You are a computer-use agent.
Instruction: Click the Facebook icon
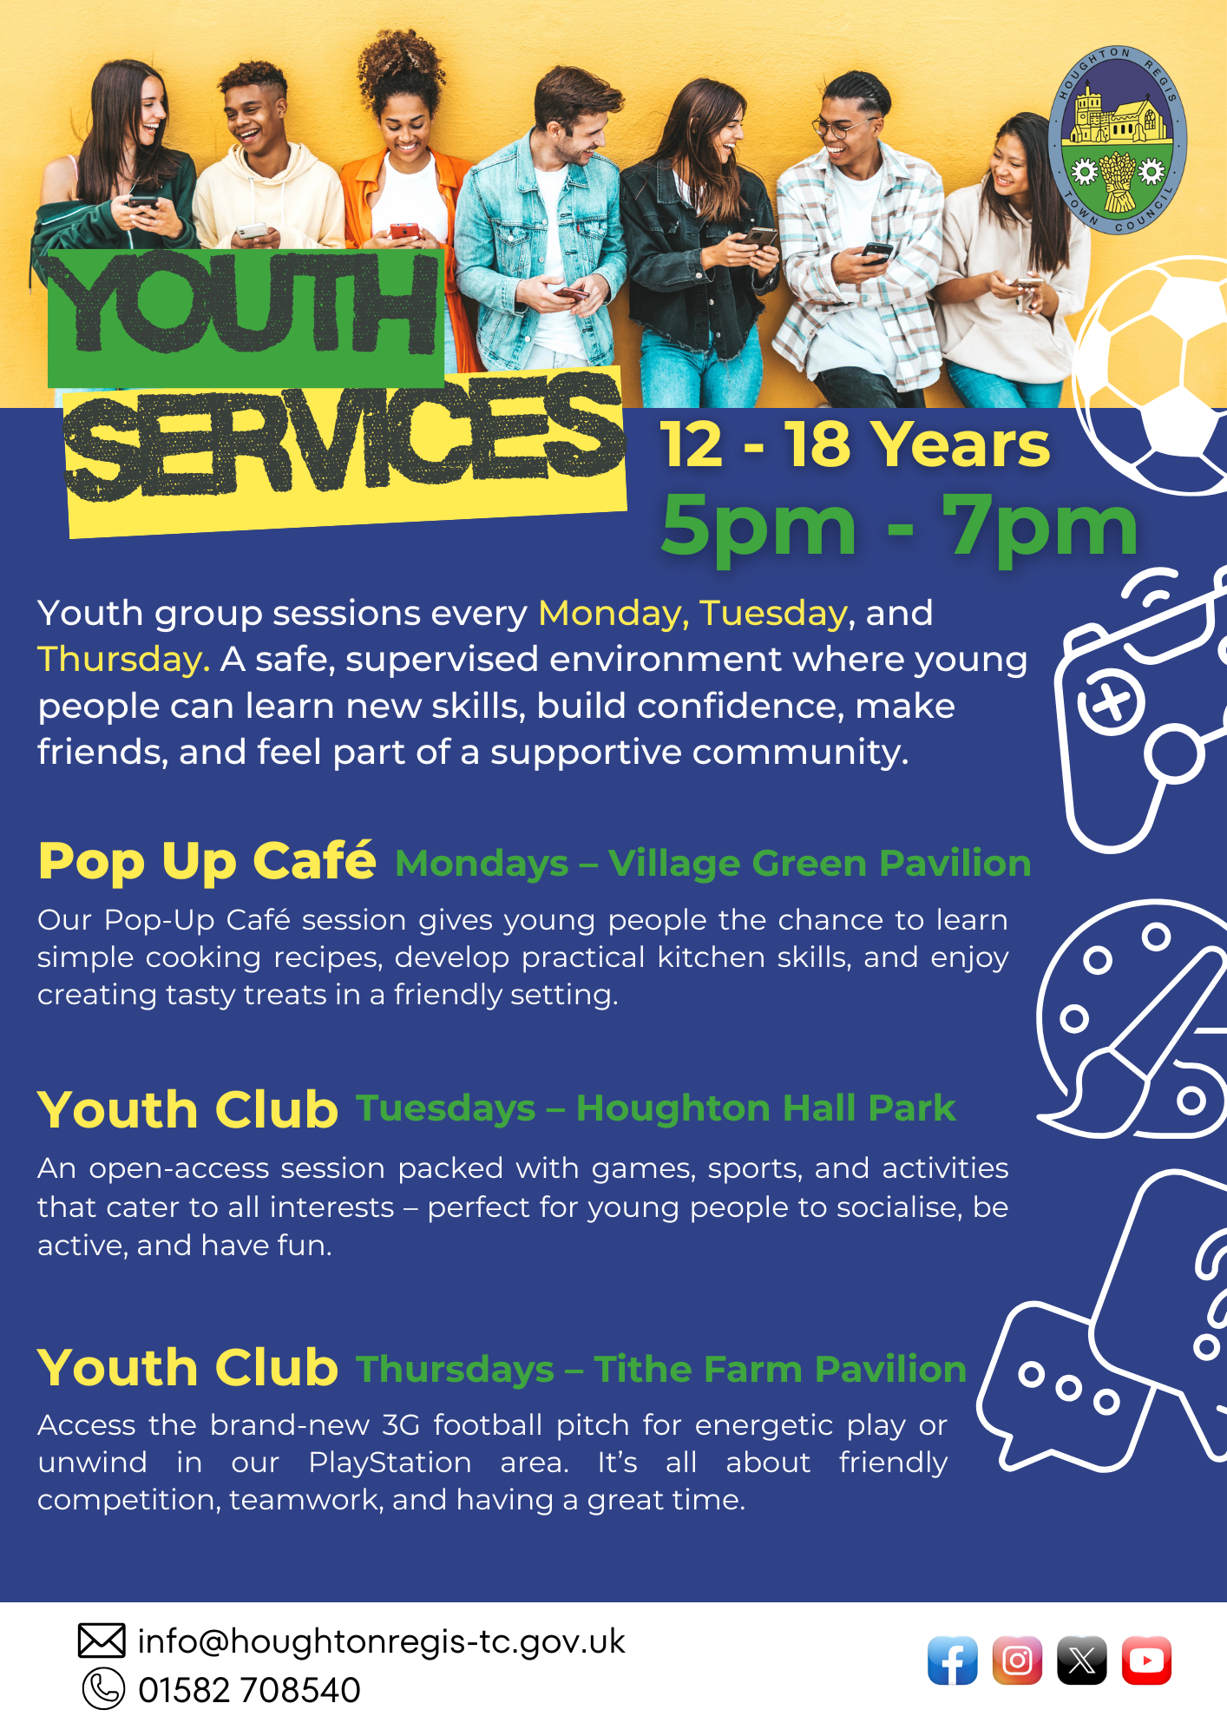click(952, 1660)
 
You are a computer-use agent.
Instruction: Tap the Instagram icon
click(1017, 1660)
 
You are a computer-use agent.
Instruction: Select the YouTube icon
click(1146, 1660)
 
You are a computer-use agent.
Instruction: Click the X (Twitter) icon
click(1081, 1660)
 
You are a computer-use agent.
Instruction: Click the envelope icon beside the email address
click(102, 1641)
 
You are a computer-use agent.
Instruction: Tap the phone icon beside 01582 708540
click(103, 1689)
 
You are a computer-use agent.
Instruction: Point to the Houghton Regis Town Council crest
click(1118, 141)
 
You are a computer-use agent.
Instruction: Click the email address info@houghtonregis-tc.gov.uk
click(381, 1641)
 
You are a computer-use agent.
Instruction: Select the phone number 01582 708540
click(249, 1690)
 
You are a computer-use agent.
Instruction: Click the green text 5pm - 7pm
click(899, 526)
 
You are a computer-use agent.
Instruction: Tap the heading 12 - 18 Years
click(855, 444)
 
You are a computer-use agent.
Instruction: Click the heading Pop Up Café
click(207, 861)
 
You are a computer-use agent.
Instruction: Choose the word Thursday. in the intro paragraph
click(123, 660)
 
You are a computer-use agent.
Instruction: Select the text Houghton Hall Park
click(765, 1108)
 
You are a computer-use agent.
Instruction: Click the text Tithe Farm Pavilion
click(780, 1369)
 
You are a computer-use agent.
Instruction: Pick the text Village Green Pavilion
click(819, 864)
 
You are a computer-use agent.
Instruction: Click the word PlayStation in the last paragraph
click(390, 1463)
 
